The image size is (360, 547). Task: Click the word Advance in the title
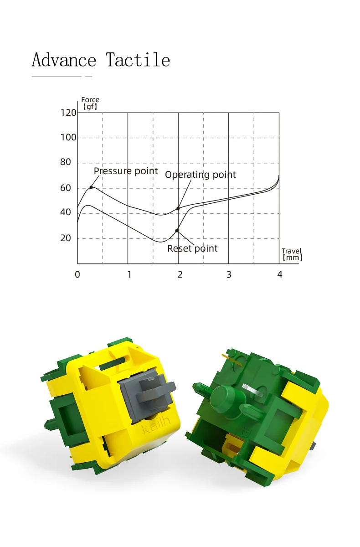click(x=64, y=59)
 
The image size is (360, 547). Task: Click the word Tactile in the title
click(x=138, y=59)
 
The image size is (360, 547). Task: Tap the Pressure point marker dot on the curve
click(x=91, y=187)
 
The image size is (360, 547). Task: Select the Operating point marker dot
click(x=178, y=208)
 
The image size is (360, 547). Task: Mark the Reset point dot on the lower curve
click(x=177, y=231)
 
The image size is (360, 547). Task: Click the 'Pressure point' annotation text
click(x=126, y=171)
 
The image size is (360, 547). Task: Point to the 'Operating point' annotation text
click(x=201, y=175)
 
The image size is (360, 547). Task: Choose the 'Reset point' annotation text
click(x=192, y=248)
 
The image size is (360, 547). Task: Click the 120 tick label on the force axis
click(x=68, y=113)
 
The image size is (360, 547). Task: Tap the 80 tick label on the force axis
click(x=66, y=162)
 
